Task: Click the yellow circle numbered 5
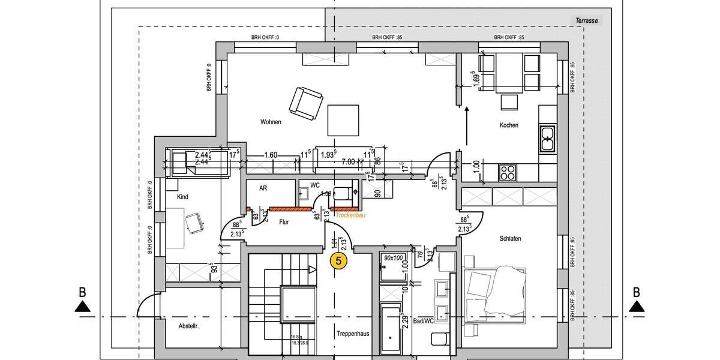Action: pyautogui.click(x=339, y=261)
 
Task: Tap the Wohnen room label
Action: pyautogui.click(x=271, y=122)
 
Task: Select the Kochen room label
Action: pyautogui.click(x=509, y=125)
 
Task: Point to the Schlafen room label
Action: pyautogui.click(x=510, y=239)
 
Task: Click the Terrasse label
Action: pyautogui.click(x=587, y=20)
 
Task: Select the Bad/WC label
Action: pyautogui.click(x=424, y=322)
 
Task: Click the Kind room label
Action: pyautogui.click(x=183, y=197)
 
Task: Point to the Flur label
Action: pyautogui.click(x=284, y=222)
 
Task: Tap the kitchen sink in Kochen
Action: pyautogui.click(x=547, y=139)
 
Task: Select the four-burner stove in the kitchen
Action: pyautogui.click(x=508, y=172)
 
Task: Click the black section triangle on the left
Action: pyautogui.click(x=83, y=307)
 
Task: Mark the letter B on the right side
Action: pyautogui.click(x=637, y=293)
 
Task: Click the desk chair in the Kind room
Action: pyautogui.click(x=194, y=223)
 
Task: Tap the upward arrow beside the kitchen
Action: pyautogui.click(x=467, y=126)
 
